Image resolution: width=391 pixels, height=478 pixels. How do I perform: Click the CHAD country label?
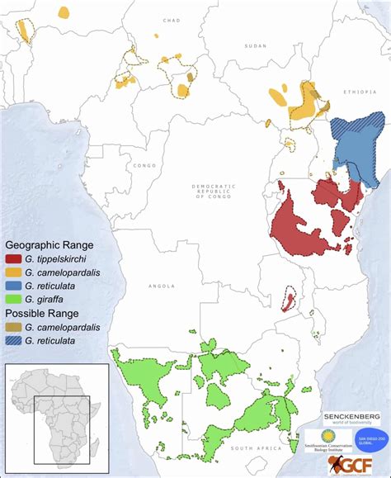point(172,19)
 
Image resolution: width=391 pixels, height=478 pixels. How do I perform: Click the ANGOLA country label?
point(162,286)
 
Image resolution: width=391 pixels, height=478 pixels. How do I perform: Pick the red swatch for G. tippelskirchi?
point(16,258)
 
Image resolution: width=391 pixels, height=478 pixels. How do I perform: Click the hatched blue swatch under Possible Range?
point(16,338)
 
